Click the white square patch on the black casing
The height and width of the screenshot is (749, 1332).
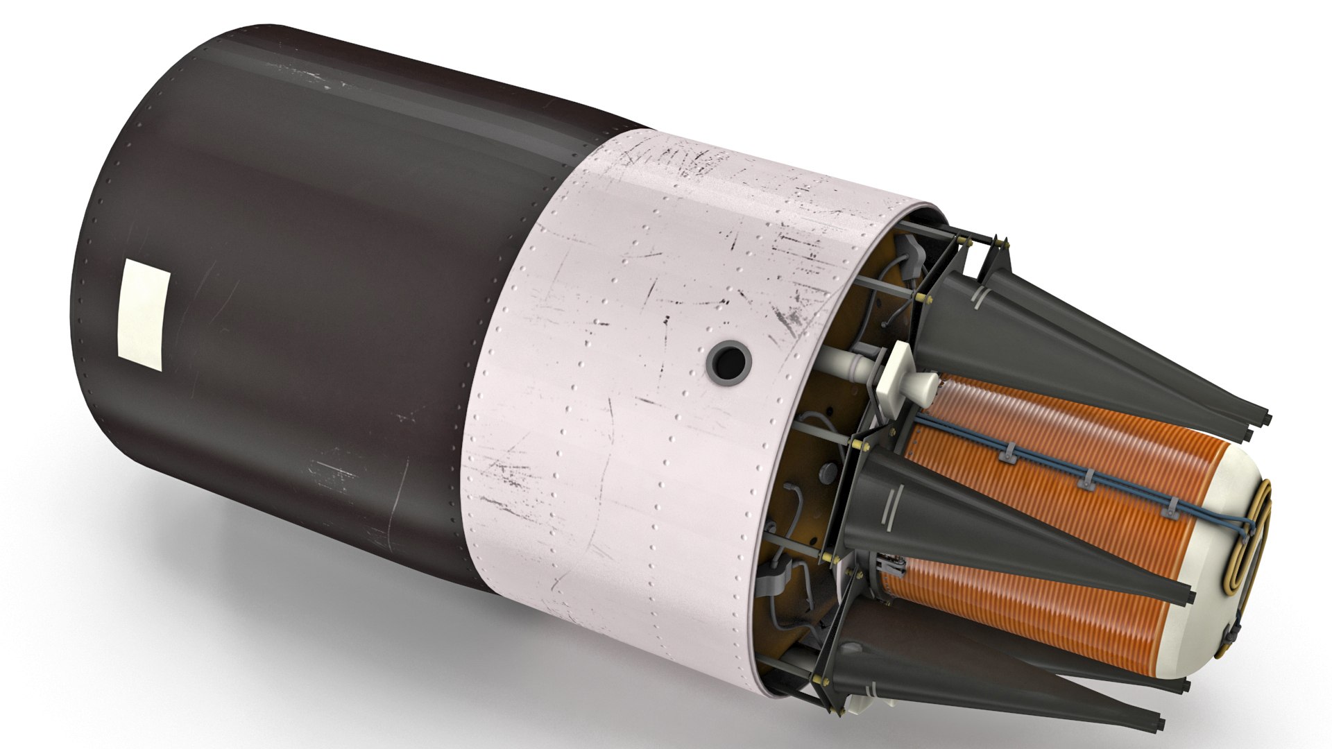144,315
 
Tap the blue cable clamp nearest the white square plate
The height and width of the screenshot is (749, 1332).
1005,455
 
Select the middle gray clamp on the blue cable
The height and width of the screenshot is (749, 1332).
1087,479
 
